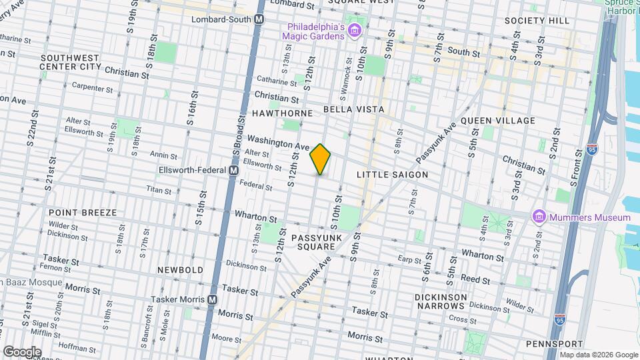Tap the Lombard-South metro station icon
click(x=259, y=20)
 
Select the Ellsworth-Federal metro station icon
click(x=233, y=171)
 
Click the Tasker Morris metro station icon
click(x=212, y=300)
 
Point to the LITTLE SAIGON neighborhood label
click(x=392, y=175)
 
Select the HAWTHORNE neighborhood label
click(x=283, y=113)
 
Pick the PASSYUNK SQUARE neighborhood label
click(x=316, y=242)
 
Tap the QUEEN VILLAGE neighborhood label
click(x=498, y=121)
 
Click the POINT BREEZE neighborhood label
click(x=83, y=213)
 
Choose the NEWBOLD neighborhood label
click(x=180, y=270)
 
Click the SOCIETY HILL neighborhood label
click(x=537, y=21)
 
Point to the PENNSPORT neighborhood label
click(x=549, y=344)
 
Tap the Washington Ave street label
click(x=279, y=143)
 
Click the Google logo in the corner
click(x=22, y=351)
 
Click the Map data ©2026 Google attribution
click(x=598, y=355)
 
